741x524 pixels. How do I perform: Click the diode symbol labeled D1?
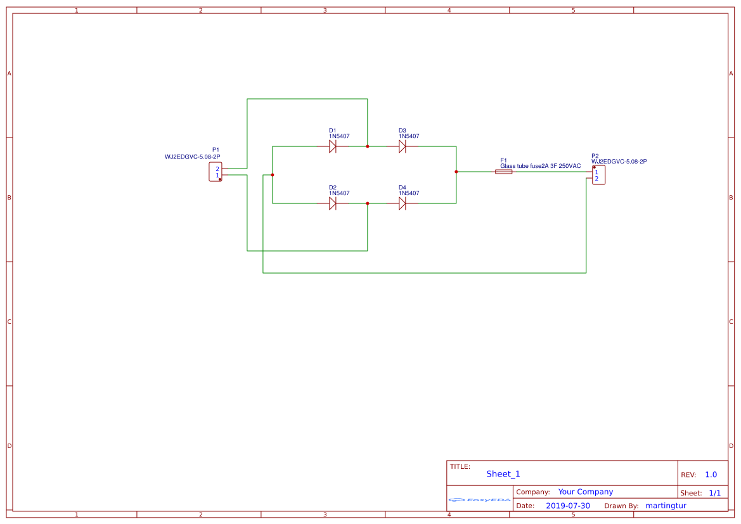coord(332,146)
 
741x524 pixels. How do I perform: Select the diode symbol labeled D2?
coord(332,203)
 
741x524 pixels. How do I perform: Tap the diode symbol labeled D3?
coord(402,146)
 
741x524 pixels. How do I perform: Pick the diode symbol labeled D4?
coord(402,203)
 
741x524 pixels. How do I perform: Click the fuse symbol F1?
coord(503,172)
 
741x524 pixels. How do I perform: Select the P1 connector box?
coord(216,172)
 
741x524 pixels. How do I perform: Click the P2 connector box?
coord(598,175)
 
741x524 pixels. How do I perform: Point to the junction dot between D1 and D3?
coord(367,146)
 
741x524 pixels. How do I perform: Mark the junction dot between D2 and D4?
coord(367,203)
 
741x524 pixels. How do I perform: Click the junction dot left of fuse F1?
coord(456,172)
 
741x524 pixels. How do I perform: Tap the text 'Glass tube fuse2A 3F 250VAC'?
coord(540,166)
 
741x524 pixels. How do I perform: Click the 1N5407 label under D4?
coord(409,193)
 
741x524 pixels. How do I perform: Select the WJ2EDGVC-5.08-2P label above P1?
coord(192,157)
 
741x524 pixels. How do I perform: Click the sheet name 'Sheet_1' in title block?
coord(503,474)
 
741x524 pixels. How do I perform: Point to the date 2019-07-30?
coord(567,506)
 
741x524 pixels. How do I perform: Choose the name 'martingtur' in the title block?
coord(666,506)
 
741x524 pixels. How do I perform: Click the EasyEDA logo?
coord(480,500)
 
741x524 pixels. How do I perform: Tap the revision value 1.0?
coord(711,475)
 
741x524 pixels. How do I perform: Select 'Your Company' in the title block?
coord(585,492)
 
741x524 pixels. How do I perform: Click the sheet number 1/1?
coord(714,493)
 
